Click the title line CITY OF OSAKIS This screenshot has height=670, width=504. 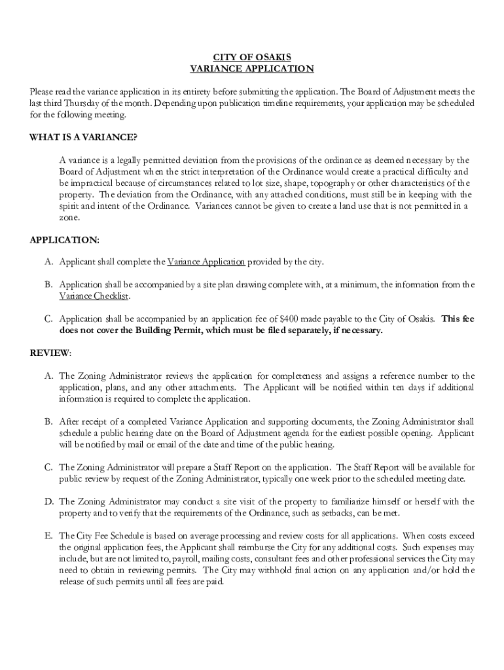click(251, 57)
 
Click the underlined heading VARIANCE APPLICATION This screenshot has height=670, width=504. click(251, 69)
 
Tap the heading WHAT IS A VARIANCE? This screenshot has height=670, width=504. click(83, 137)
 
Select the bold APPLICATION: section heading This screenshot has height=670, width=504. click(65, 240)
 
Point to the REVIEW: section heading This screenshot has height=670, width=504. click(50, 353)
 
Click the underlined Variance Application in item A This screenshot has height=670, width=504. click(206, 262)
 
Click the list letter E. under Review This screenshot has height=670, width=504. click(48, 535)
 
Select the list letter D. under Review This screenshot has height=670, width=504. click(48, 501)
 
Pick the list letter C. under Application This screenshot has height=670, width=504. click(48, 319)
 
